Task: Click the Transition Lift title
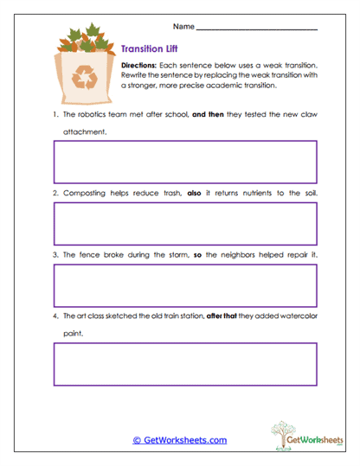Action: coord(150,50)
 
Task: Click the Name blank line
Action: coord(257,28)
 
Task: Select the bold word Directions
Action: coord(138,66)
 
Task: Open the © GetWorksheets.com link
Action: coord(179,440)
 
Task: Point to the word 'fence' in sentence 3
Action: coord(87,255)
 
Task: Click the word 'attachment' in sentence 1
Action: coord(84,132)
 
